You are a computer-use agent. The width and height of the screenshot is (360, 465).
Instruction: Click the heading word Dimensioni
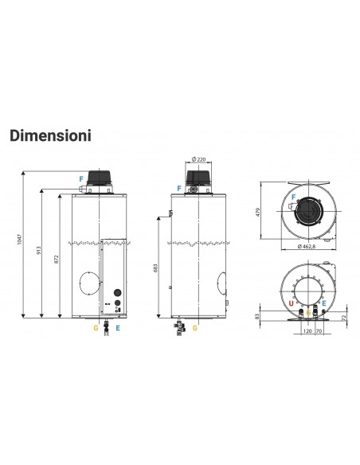coord(49,135)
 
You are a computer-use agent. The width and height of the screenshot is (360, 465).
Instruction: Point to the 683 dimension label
coord(156,270)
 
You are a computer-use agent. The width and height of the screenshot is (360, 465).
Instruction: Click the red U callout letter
coord(291,303)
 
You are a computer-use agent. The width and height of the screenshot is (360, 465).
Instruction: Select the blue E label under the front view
coord(118,327)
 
